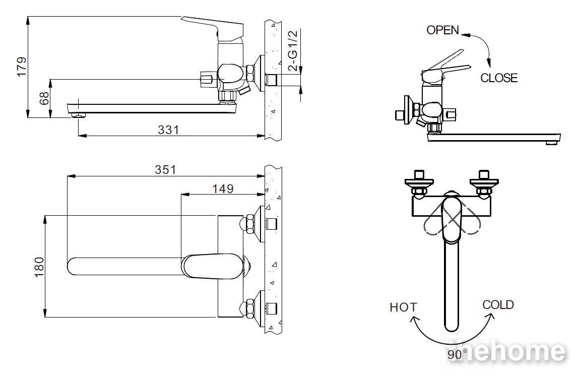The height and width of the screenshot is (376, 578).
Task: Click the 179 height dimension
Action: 22,67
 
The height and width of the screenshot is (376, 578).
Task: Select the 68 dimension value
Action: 44,98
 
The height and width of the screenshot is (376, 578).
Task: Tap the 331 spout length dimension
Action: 168,130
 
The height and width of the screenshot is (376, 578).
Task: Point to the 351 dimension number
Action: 165,169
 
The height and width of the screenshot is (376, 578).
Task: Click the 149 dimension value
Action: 223,189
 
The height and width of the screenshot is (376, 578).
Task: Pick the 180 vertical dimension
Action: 39,267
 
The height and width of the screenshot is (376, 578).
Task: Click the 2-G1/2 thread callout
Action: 293,50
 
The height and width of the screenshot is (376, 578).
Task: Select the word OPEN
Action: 443,30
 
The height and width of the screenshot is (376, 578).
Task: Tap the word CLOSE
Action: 499,78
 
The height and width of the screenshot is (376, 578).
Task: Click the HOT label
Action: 404,307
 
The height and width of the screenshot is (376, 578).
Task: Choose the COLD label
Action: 498,305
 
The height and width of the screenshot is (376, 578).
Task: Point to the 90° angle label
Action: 457,355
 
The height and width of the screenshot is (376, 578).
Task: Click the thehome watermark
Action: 506,351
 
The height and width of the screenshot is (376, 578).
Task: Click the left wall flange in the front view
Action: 419,182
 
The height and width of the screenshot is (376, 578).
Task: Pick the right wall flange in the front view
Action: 484,182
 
